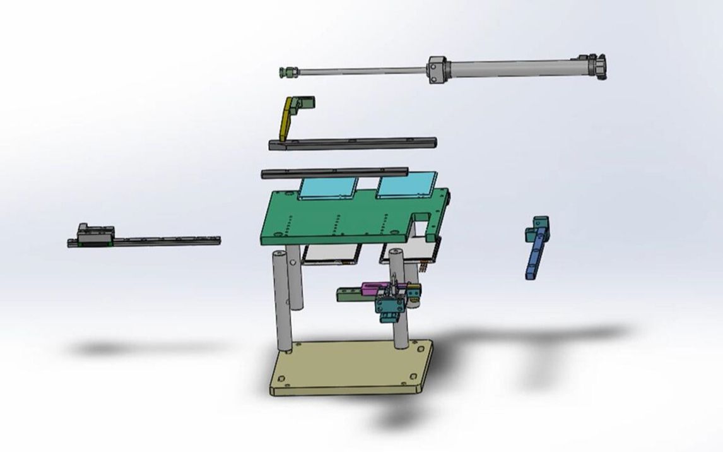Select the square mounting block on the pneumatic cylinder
[x=437, y=69]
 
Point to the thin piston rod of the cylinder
[x=360, y=70]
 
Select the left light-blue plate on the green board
[x=329, y=187]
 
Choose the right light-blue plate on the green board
[x=406, y=185]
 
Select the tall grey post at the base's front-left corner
[x=282, y=303]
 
